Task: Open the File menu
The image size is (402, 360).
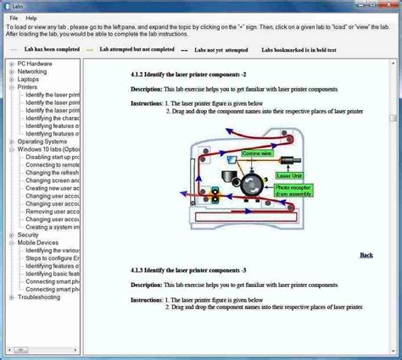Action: point(14,17)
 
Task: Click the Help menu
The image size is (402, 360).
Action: point(31,17)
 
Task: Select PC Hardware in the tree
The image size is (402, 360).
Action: point(35,64)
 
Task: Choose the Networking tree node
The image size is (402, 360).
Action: point(33,72)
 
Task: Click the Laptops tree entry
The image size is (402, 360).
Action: point(31,80)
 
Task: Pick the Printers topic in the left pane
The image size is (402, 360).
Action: point(28,87)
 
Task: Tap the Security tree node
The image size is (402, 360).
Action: point(29,235)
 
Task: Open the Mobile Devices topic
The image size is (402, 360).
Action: point(38,242)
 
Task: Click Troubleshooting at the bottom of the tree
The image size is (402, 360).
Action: point(39,297)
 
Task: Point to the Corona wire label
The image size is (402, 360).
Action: point(256,153)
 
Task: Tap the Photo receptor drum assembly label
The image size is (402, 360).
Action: point(293,191)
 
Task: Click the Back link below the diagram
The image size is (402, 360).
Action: point(366,254)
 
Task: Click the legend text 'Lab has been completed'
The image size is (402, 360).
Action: point(53,50)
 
